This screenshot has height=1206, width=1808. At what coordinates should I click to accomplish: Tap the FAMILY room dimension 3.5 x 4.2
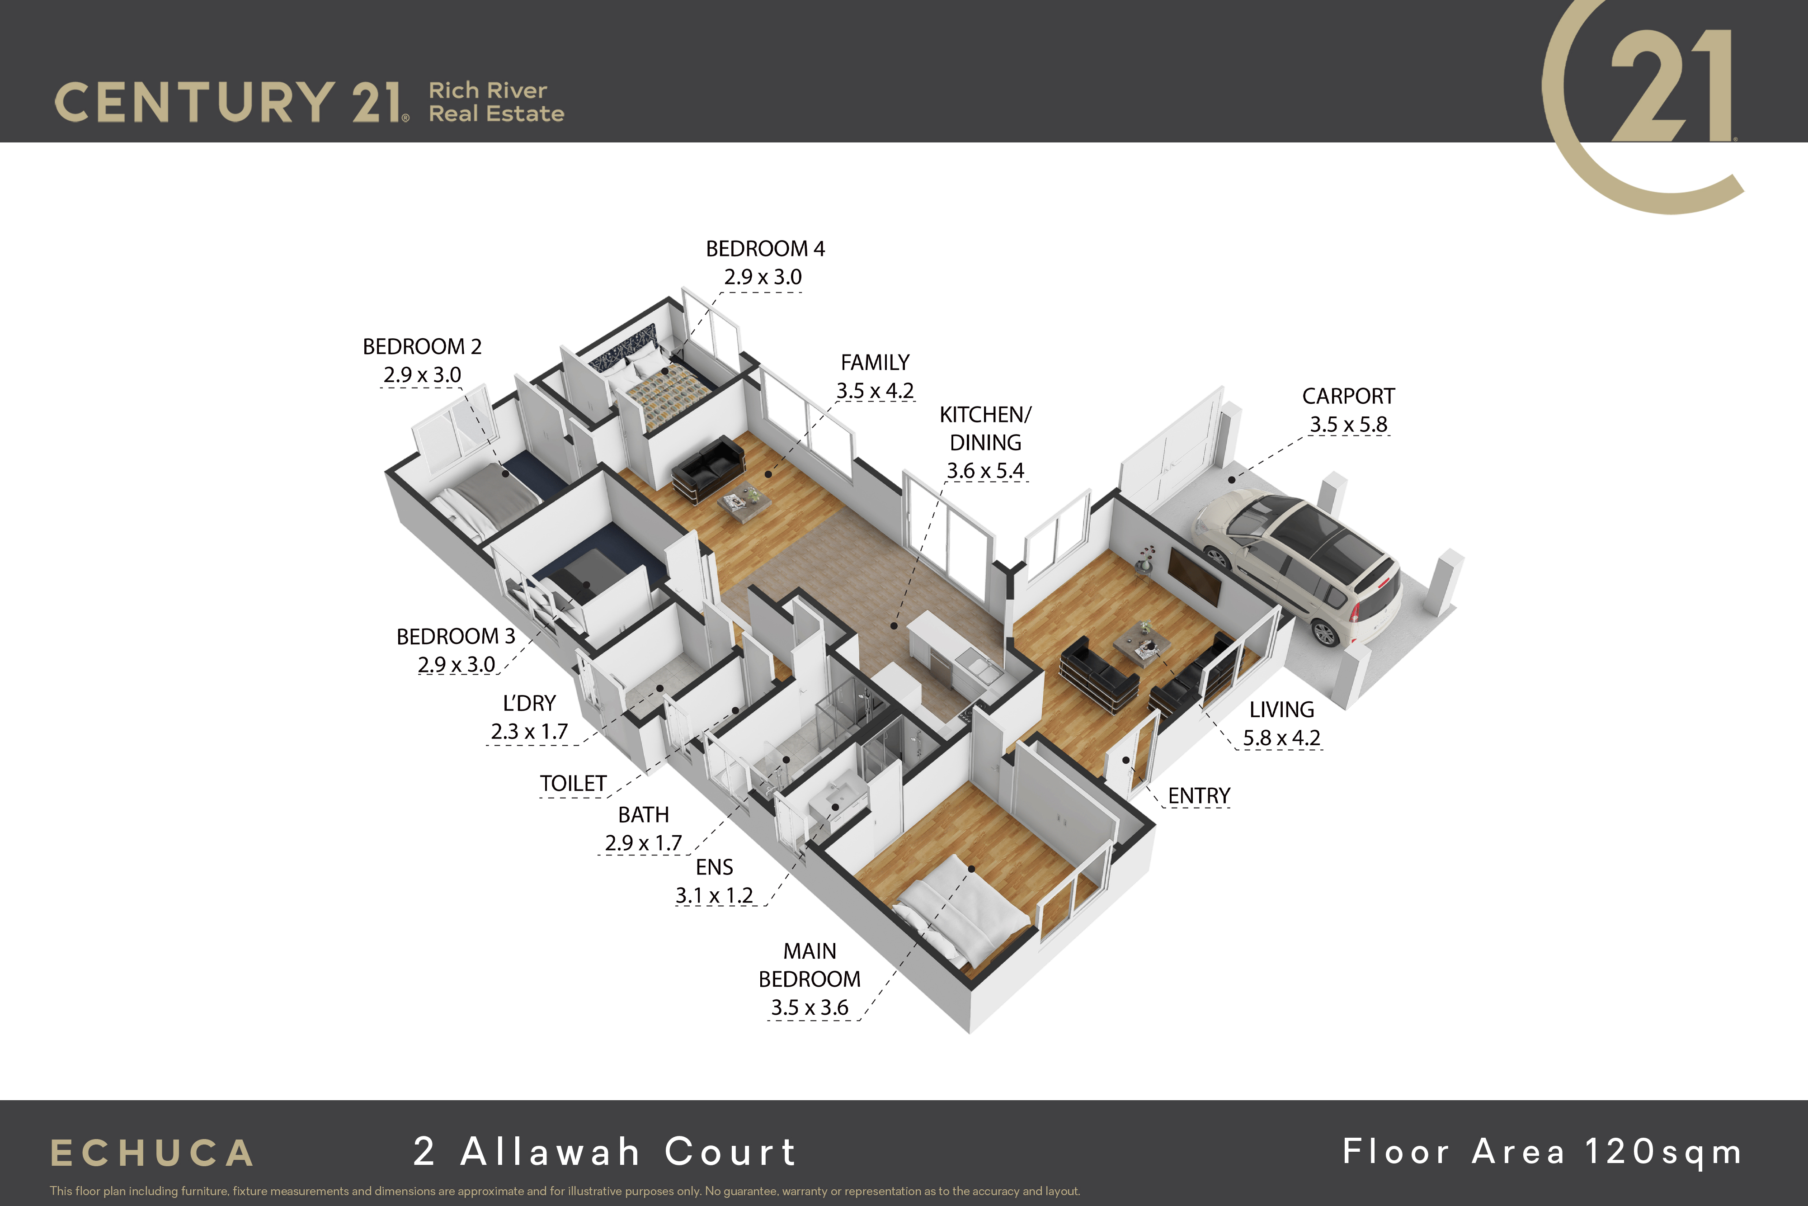tap(875, 391)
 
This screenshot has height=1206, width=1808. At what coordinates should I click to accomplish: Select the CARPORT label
tap(1348, 396)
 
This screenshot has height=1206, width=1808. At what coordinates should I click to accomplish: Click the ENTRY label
tap(1199, 796)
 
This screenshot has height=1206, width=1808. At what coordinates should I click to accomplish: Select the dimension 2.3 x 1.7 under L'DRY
tap(530, 732)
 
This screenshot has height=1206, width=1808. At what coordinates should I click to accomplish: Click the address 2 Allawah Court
tap(604, 1151)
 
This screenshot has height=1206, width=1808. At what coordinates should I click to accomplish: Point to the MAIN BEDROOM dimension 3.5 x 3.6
tap(810, 1007)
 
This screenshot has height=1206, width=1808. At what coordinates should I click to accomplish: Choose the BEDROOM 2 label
tap(422, 347)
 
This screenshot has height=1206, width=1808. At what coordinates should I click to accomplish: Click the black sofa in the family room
tap(708, 469)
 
